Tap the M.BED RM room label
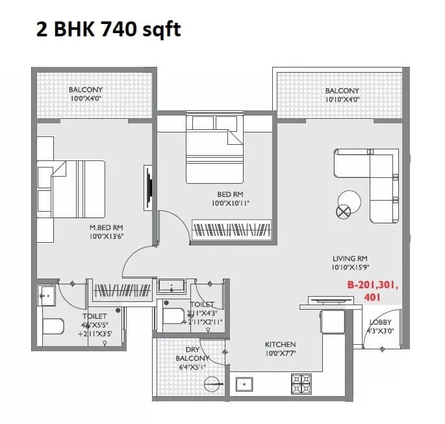[107, 227]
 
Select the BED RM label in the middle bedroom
[230, 194]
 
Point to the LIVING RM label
[350, 258]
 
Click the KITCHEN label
[280, 344]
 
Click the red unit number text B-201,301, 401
[372, 291]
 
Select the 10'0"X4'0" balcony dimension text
[86, 99]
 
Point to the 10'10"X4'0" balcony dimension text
[342, 99]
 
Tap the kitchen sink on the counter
[244, 384]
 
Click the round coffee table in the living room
[347, 201]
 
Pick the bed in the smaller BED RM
[215, 149]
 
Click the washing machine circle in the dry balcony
[211, 384]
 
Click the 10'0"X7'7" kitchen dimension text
[280, 353]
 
